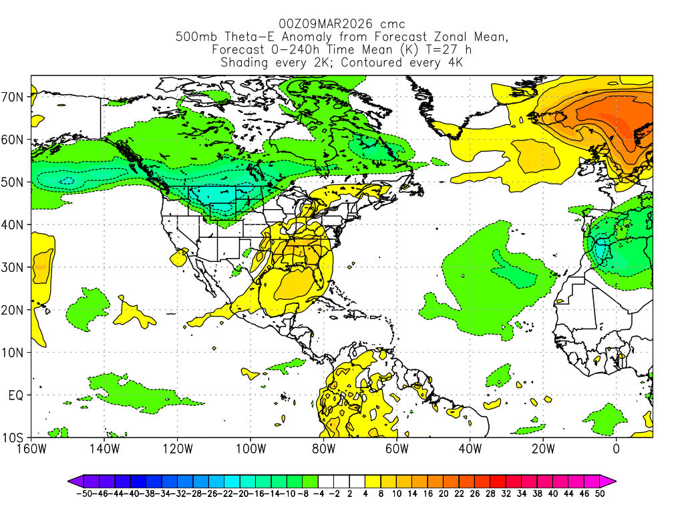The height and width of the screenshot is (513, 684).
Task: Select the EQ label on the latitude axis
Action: click(x=15, y=395)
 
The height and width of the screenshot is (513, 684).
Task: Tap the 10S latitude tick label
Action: click(x=13, y=438)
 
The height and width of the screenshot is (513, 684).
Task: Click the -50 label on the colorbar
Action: click(x=83, y=495)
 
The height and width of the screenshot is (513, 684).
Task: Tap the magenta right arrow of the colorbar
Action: click(x=610, y=480)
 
